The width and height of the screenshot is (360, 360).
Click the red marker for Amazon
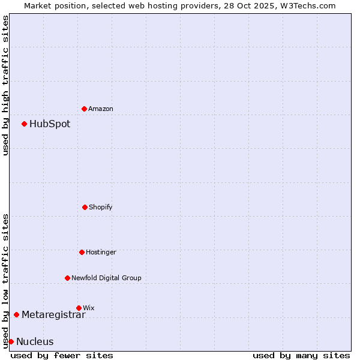(84, 109)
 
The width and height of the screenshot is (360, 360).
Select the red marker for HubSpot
(24, 124)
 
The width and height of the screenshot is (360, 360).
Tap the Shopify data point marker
(85, 207)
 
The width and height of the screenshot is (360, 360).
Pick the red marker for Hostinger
(82, 252)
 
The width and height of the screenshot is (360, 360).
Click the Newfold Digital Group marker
(67, 278)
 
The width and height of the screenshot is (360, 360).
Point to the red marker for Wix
(79, 308)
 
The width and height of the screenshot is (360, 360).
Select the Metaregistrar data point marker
(16, 314)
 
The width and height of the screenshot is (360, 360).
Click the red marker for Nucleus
(11, 341)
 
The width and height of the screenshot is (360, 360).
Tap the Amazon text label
(101, 109)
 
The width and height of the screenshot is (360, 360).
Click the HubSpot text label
(50, 124)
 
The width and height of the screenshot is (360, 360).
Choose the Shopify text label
(101, 208)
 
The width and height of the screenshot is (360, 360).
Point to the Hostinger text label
(101, 253)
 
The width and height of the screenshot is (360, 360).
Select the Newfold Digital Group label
(107, 278)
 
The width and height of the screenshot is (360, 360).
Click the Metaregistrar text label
(53, 315)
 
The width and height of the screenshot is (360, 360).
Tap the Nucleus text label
(35, 342)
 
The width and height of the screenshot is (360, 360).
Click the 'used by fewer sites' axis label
(62, 355)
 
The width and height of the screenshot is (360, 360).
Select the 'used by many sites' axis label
(301, 355)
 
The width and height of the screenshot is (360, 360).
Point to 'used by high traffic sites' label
(5, 85)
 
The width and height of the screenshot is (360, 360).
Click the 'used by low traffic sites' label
(5, 281)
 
